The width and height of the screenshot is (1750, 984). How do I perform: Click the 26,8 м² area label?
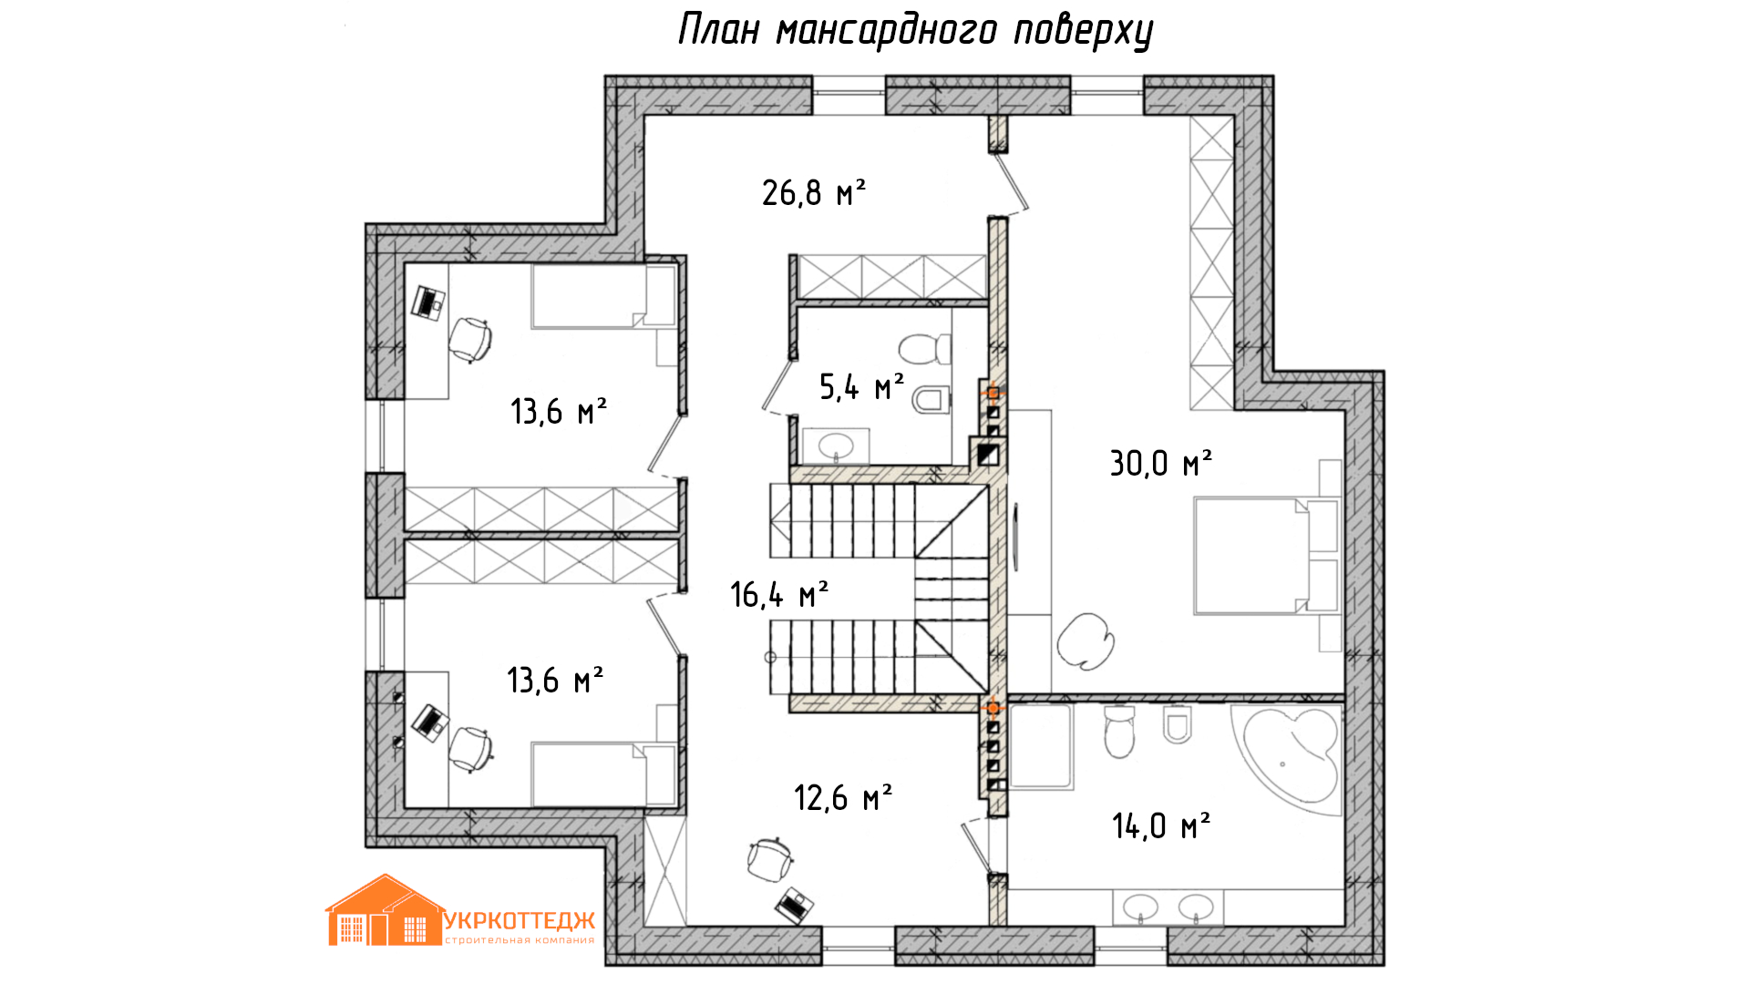point(813,192)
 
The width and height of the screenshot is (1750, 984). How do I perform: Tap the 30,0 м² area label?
point(1160,463)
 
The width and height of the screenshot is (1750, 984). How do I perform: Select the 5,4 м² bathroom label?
point(861,386)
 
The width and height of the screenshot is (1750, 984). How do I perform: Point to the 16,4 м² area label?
point(779,594)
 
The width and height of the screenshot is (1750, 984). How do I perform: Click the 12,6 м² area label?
point(843,797)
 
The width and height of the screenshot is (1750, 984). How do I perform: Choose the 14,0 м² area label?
point(1160,825)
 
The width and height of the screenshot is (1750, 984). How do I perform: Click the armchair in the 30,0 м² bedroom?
point(1086,639)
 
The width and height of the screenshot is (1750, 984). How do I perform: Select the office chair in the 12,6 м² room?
point(770,857)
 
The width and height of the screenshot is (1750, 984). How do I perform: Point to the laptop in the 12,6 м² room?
point(795,905)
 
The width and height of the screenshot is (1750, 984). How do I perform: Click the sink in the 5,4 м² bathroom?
point(836,446)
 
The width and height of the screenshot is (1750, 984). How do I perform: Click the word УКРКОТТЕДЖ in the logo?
point(520,921)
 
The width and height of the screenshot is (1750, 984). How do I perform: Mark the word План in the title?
point(719,29)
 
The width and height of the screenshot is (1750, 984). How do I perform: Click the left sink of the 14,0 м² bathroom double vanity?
point(1140,907)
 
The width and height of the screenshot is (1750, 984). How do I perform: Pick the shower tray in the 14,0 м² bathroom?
point(1041,746)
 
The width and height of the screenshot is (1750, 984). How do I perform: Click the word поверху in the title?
point(1084,32)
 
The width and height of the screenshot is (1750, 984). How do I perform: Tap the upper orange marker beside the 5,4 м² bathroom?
point(993,393)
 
